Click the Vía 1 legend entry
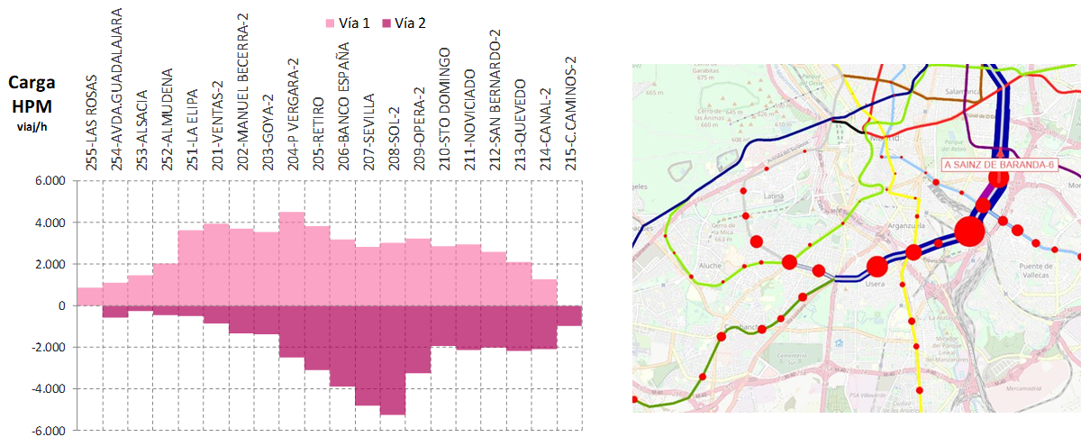[x=346, y=23]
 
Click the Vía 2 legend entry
[x=404, y=23]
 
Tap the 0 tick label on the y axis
[x=63, y=306]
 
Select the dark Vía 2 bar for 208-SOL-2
[x=393, y=360]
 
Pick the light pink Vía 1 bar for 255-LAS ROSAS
[x=90, y=297]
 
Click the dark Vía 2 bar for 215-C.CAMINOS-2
[x=569, y=315]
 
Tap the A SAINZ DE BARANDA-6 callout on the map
[x=997, y=164]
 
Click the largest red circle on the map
[x=969, y=231]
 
